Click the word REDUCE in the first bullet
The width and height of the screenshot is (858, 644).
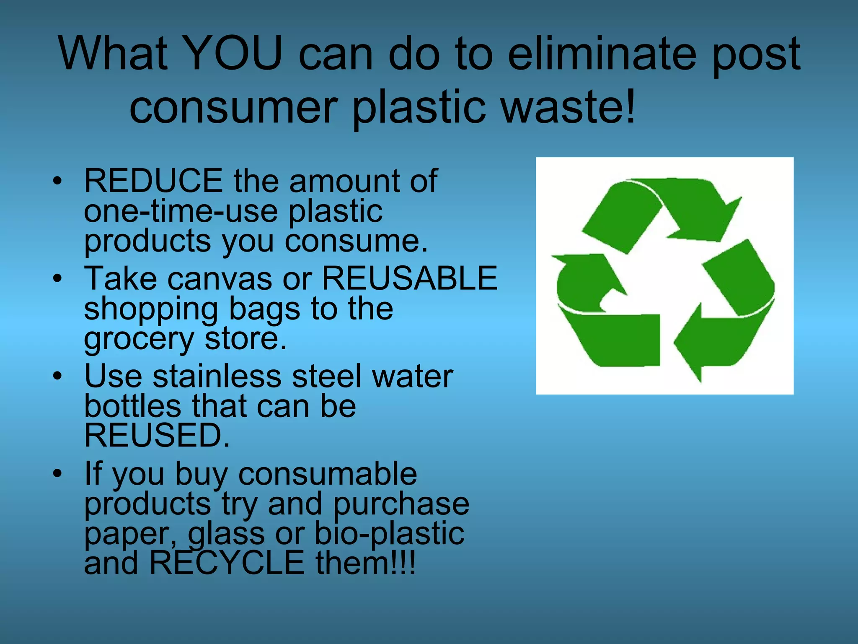(x=153, y=181)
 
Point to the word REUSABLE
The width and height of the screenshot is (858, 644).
(x=409, y=278)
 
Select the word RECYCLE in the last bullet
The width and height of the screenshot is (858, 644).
(x=227, y=563)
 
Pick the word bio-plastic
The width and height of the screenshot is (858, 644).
(x=389, y=534)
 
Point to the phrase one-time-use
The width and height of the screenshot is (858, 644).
(x=181, y=211)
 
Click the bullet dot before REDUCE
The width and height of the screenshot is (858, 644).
(x=57, y=181)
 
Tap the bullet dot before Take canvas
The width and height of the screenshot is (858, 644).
(x=57, y=278)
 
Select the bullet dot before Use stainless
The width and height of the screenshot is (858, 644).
(x=57, y=376)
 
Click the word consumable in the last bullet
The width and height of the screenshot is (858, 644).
(x=328, y=474)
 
